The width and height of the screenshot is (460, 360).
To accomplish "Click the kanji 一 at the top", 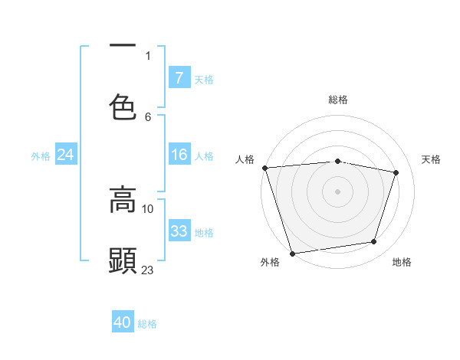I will point(123,45).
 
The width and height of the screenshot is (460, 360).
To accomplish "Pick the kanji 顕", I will point(123,261).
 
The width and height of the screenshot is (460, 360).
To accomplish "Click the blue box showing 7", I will point(179,78).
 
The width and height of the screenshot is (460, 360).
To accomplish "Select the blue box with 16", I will point(179,155).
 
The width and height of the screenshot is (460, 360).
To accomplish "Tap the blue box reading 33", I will point(179,231).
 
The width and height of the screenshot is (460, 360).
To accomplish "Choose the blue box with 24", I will point(65,155).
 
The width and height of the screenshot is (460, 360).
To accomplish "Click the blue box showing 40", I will point(123,323).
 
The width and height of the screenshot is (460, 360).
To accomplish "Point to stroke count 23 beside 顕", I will point(148,270).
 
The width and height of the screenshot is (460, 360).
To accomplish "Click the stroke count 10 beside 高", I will point(148,208).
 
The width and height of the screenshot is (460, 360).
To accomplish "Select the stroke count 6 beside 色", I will point(148,116).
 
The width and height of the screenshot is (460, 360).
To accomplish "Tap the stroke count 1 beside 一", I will point(148,55).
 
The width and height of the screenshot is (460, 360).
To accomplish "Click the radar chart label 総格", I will point(337,100).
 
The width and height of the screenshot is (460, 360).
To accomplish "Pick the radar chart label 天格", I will point(431,159).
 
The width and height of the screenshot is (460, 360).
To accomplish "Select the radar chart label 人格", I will point(245,159).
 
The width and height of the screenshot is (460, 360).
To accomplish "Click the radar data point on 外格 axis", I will point(292,253).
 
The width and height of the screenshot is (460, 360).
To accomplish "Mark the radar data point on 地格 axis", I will point(374,242).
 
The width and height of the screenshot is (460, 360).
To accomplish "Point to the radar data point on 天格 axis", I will point(396,172).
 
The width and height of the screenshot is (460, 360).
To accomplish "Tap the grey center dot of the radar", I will point(337,191).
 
